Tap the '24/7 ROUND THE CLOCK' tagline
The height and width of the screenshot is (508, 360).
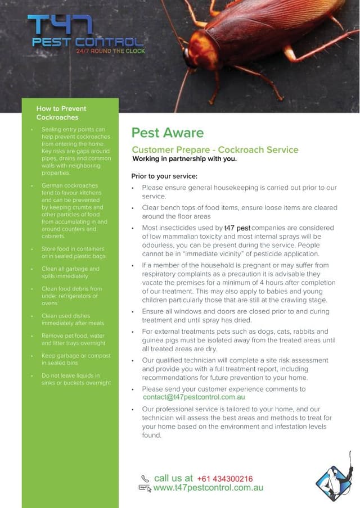pos(110,51)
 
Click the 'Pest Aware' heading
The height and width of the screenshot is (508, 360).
pos(167,133)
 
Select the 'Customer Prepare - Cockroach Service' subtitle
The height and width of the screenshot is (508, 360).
pos(215,149)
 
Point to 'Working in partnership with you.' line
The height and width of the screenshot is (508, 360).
pos(184,158)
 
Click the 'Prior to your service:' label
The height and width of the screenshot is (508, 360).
pos(164,176)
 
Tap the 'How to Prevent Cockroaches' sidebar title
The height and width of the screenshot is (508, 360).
pos(61,112)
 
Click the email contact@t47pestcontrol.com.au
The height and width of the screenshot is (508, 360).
pos(193,397)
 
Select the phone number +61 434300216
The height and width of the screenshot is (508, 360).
pos(224,479)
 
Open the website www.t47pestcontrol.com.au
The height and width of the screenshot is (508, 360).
pos(208,488)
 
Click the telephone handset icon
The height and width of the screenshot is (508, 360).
pos(145,479)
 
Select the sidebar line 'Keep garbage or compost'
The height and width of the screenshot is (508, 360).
pos(76,356)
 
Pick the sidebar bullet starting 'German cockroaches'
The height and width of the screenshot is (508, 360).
pos(70,185)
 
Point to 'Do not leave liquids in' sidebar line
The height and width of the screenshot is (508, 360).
pos(71,375)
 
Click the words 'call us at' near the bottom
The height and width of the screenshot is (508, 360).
pos(173,478)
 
